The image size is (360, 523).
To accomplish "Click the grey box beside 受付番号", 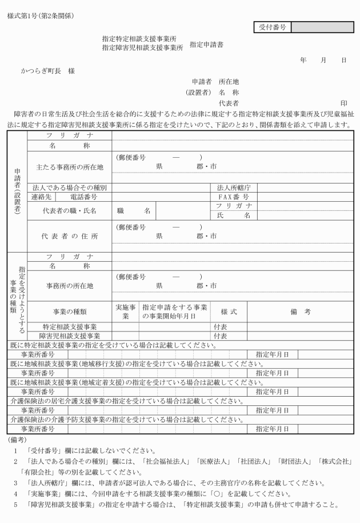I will click(322, 26).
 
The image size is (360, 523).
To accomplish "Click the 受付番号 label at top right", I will click(273, 26).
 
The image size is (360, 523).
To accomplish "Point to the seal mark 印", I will click(343, 103).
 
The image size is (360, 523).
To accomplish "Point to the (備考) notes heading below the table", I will click(18, 440).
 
